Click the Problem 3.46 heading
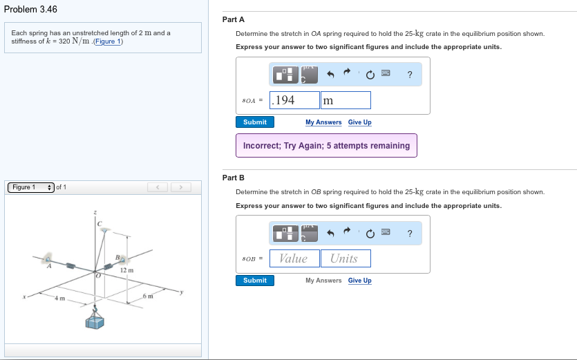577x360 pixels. point(30,9)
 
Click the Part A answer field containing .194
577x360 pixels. point(294,100)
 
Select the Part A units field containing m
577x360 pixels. point(346,100)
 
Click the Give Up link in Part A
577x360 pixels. point(359,122)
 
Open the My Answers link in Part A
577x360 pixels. point(323,122)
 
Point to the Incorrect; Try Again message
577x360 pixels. point(326,146)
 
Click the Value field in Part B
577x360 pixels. point(294,258)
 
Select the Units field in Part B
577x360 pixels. point(346,258)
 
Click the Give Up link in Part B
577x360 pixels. point(359,281)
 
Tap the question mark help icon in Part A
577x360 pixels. point(410,75)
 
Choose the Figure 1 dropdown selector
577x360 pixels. point(31,187)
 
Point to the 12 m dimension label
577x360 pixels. point(126,270)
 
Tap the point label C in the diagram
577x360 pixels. point(99,223)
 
